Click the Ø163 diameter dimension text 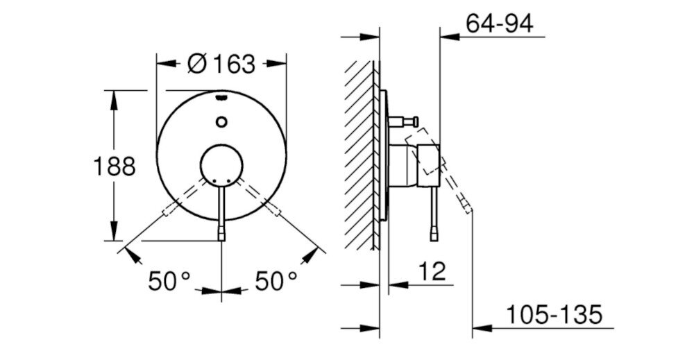[x=221, y=64]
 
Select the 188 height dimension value [x=115, y=166]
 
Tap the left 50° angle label [x=169, y=281]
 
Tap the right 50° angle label [x=276, y=281]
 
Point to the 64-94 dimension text [x=499, y=24]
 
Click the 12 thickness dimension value [x=433, y=271]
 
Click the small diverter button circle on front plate [x=221, y=123]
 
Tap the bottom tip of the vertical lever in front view [x=221, y=237]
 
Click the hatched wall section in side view [x=359, y=153]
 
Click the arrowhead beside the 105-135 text [x=480, y=327]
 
